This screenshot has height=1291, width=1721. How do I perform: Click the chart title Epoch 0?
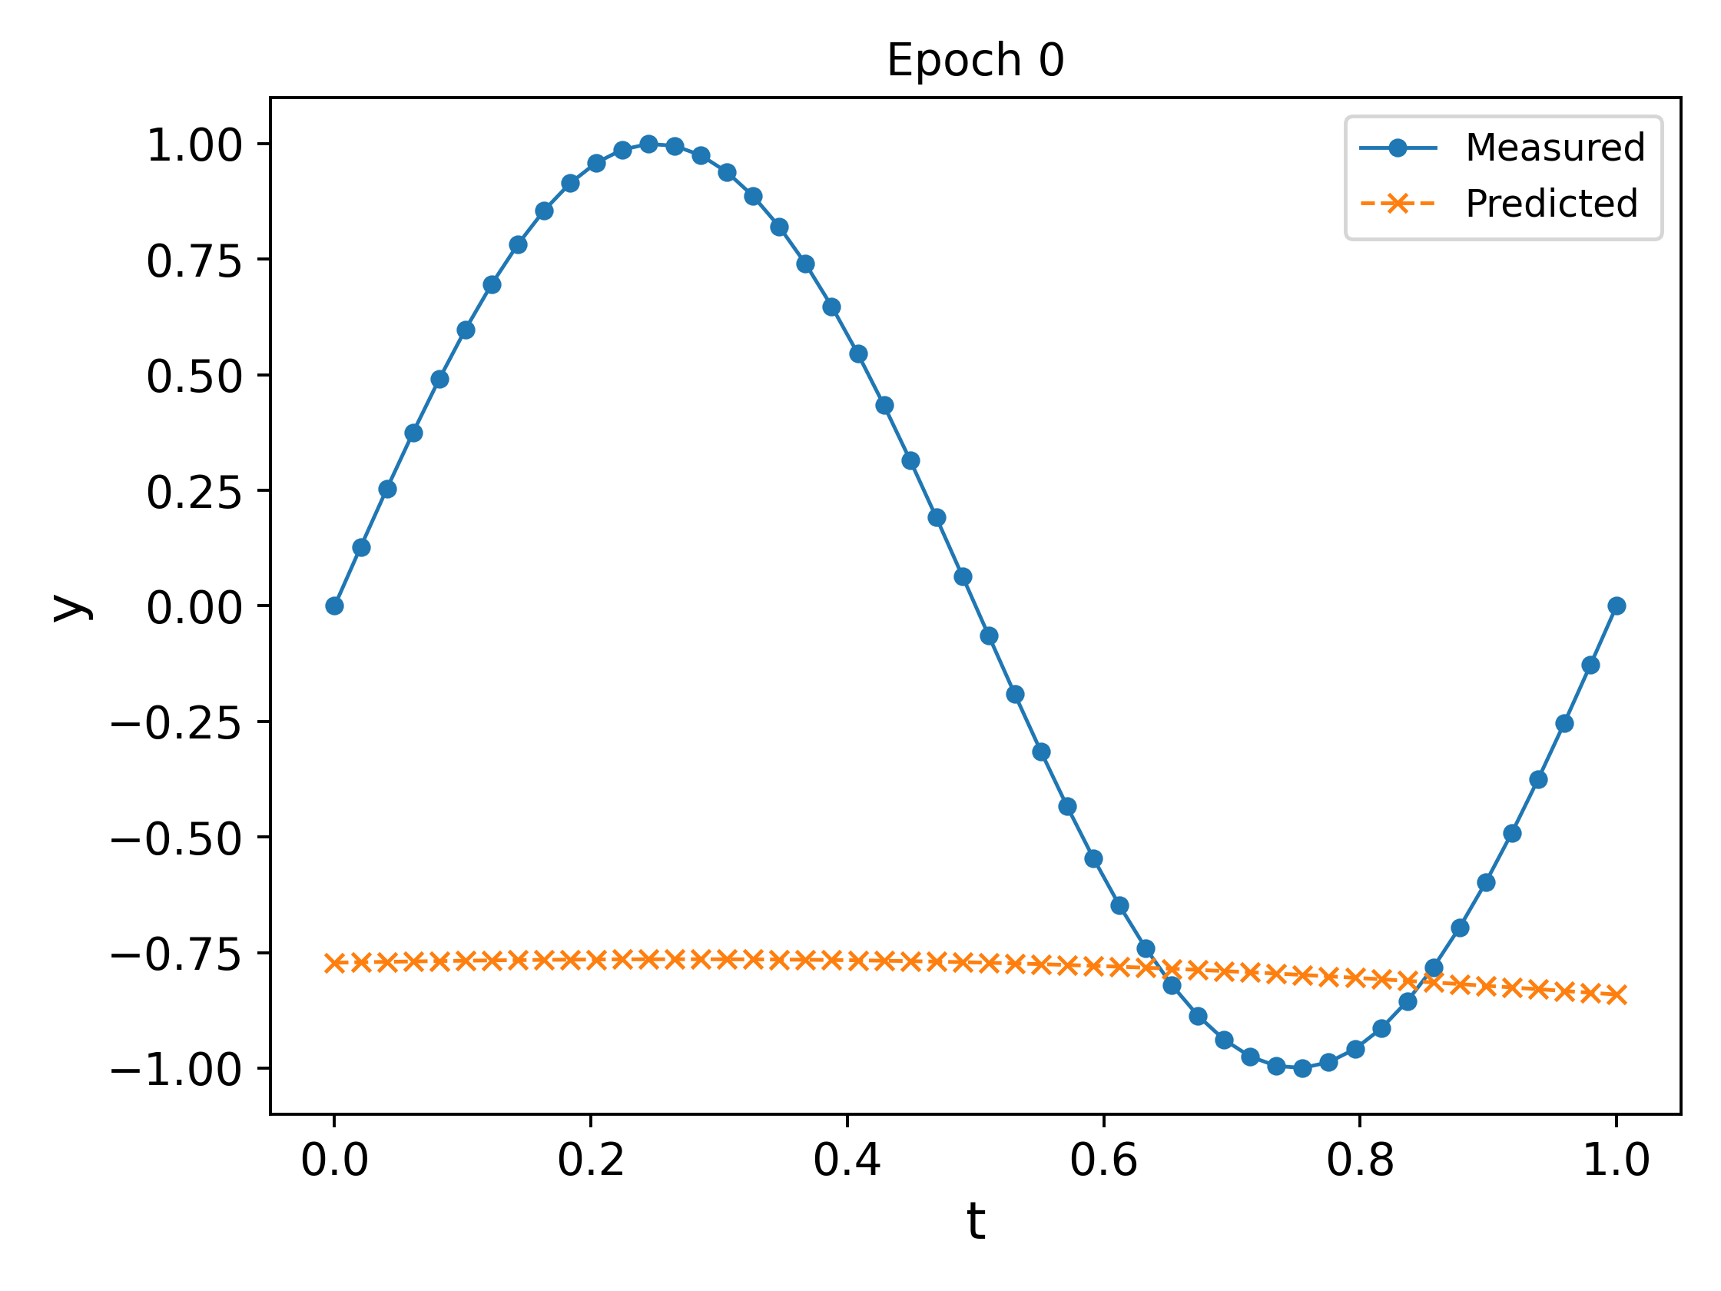click(975, 61)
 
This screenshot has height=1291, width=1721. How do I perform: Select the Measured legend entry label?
click(1554, 148)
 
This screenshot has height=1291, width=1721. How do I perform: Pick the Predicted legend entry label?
click(1551, 204)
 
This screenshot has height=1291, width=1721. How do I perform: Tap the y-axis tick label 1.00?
click(194, 146)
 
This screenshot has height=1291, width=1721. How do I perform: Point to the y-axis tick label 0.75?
click(194, 261)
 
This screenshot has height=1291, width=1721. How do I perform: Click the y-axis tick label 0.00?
click(194, 608)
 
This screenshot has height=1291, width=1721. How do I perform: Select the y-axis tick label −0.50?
click(177, 839)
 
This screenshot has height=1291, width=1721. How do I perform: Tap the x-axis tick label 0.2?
click(591, 1161)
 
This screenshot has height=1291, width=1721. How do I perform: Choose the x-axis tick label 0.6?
click(1103, 1161)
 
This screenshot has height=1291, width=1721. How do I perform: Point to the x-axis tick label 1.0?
click(1616, 1161)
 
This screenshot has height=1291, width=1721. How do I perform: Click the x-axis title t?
click(976, 1221)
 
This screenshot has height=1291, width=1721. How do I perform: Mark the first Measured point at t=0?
click(334, 606)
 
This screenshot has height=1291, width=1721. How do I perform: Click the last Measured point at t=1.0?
click(1617, 606)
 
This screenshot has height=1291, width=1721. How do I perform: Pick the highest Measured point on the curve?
click(649, 144)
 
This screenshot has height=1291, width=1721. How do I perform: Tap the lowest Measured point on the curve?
click(1302, 1068)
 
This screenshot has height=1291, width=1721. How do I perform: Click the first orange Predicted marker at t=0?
click(334, 964)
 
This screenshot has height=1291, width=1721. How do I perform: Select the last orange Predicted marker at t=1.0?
click(1617, 994)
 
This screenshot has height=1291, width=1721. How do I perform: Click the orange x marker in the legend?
click(1398, 204)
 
